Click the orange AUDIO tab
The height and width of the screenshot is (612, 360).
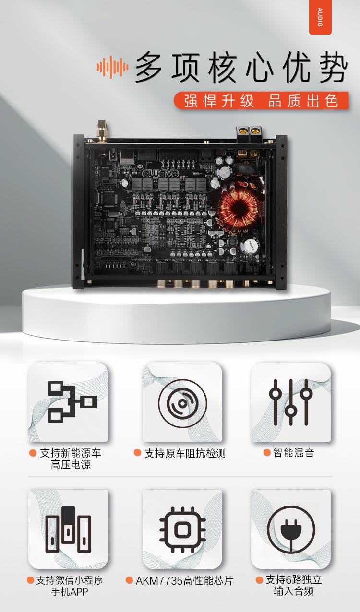(320, 17)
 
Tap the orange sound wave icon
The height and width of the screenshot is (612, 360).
(112, 67)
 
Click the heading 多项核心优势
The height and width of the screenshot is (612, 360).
(241, 67)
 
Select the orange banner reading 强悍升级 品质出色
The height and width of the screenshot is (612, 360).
(261, 100)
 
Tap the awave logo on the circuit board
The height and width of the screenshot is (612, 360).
(160, 173)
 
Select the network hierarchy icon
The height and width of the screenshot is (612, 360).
(72, 402)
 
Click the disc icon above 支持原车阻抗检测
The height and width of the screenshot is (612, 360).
(182, 403)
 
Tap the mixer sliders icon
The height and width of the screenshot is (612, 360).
(291, 402)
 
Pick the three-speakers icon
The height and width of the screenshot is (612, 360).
(68, 530)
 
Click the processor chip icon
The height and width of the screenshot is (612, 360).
(182, 530)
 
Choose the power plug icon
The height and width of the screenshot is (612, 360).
(291, 530)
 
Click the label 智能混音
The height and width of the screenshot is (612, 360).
(294, 453)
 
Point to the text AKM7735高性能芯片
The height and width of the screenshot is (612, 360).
(184, 580)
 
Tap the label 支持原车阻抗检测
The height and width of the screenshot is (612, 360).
(185, 453)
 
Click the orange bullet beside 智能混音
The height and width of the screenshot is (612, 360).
(267, 452)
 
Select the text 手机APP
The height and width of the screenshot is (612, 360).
(70, 592)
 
